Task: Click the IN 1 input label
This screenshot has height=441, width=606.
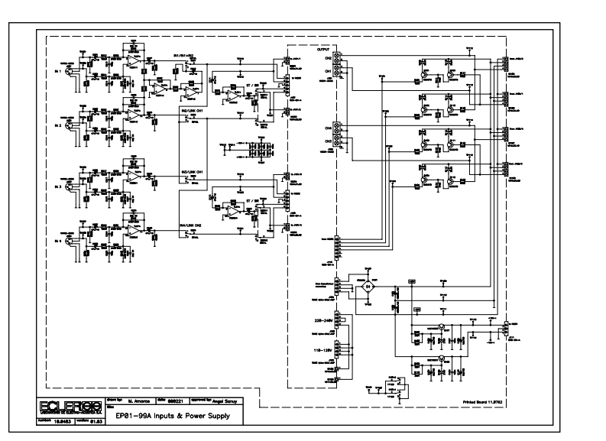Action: tap(57, 70)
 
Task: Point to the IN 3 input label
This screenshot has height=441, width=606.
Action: tap(57, 186)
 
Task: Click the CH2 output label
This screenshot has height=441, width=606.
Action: tap(328, 60)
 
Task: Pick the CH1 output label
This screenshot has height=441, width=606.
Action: tap(328, 71)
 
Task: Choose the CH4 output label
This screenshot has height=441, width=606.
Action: tap(328, 128)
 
